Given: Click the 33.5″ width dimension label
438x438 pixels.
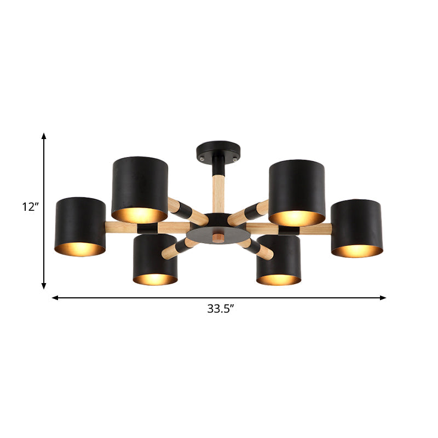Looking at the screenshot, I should tap(220, 308).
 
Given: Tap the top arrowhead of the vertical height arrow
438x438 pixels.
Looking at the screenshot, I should tap(44, 135).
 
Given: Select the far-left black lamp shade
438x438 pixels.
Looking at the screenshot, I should tap(80, 221).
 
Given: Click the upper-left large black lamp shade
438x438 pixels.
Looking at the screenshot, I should tap(141, 183).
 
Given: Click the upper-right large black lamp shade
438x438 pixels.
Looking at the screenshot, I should tap(296, 185).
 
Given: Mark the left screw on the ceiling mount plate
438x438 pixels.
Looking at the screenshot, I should tap(204, 157).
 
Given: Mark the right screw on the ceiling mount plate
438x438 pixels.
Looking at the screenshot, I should tap(235, 156).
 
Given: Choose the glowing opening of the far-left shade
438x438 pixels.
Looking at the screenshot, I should tap(80, 249).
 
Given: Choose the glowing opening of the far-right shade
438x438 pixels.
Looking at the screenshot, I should tap(356, 251).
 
